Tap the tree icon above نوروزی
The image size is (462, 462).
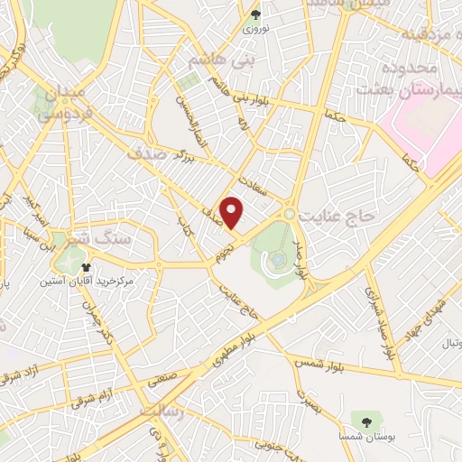(x=255, y=14)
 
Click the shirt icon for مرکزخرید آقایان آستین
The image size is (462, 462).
(x=86, y=267)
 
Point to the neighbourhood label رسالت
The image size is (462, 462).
(x=166, y=411)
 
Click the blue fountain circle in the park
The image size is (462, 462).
(x=279, y=259)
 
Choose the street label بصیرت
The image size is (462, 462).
(x=311, y=396)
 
